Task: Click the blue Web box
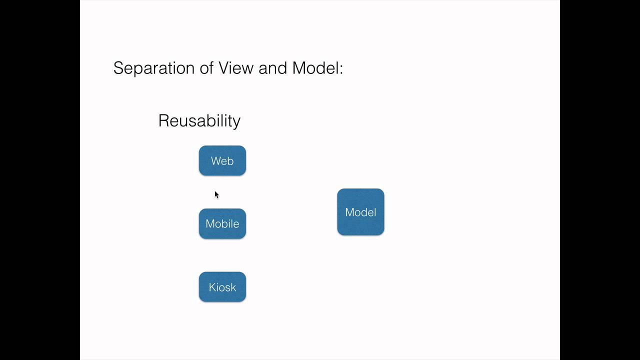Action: pos(222,161)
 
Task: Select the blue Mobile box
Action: pos(222,224)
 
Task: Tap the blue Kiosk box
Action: pos(222,287)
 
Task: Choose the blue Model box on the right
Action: pos(360,212)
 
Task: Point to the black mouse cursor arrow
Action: pos(216,194)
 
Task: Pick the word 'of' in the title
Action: pos(207,68)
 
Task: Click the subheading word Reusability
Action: pos(199,121)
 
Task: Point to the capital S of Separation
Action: pos(118,68)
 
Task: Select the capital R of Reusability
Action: pos(163,120)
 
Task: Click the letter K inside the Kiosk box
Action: pos(212,287)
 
